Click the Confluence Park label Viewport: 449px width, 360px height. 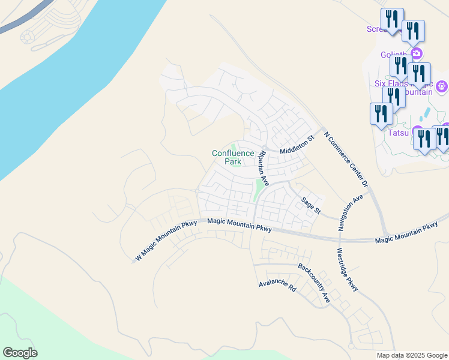(234, 157)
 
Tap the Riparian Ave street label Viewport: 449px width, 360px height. (263, 167)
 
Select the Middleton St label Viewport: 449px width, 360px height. (297, 145)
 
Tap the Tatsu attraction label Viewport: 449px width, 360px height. (397, 133)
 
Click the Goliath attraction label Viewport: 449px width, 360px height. (394, 55)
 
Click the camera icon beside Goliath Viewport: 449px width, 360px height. (416, 54)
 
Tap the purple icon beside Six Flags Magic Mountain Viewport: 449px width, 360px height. (442, 87)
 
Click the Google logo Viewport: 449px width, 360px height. (20, 352)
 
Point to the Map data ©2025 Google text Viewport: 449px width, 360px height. (411, 355)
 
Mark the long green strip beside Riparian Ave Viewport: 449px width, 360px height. (259, 189)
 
